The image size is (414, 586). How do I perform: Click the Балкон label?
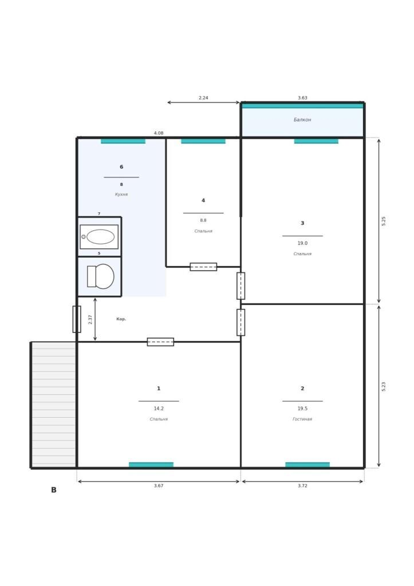coord(302,120)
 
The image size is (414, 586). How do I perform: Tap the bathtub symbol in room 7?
coord(99,236)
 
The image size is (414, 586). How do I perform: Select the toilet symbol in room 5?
coord(101,276)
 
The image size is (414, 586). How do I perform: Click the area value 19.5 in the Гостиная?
coord(302,409)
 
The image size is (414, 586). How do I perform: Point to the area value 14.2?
coord(159,409)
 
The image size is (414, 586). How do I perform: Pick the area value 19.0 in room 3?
coord(302,243)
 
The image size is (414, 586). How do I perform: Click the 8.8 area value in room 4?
coord(203,220)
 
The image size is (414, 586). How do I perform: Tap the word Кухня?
coord(121,195)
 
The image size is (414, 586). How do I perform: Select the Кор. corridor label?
coord(121,319)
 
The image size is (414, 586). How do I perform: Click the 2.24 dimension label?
coord(203,98)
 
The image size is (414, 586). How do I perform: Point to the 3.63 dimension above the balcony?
coord(302,98)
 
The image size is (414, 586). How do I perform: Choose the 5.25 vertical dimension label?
coord(383,221)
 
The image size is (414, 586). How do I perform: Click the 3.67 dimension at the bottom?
coord(159,486)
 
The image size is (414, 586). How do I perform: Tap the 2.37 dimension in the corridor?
coord(90,319)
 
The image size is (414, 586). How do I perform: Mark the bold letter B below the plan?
coord(53,490)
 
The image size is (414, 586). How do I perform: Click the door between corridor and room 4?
coord(203,267)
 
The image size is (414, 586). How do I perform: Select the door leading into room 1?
coord(160,342)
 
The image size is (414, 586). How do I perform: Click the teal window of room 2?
coord(307,465)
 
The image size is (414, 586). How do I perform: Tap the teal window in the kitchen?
coord(123,141)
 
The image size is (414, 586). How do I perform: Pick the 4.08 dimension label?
coord(159,133)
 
